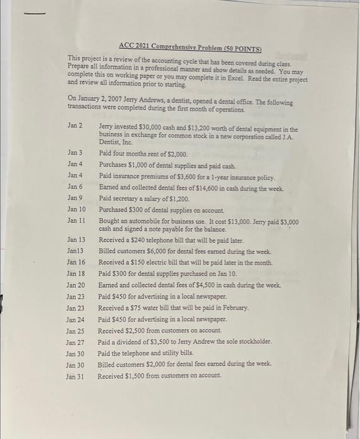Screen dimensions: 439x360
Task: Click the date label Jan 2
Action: click(75, 126)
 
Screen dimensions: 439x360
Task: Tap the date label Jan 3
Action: click(75, 153)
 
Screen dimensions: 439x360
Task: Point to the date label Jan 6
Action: click(75, 187)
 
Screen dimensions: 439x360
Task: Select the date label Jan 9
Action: click(75, 198)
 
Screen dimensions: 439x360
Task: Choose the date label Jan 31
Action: click(75, 376)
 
